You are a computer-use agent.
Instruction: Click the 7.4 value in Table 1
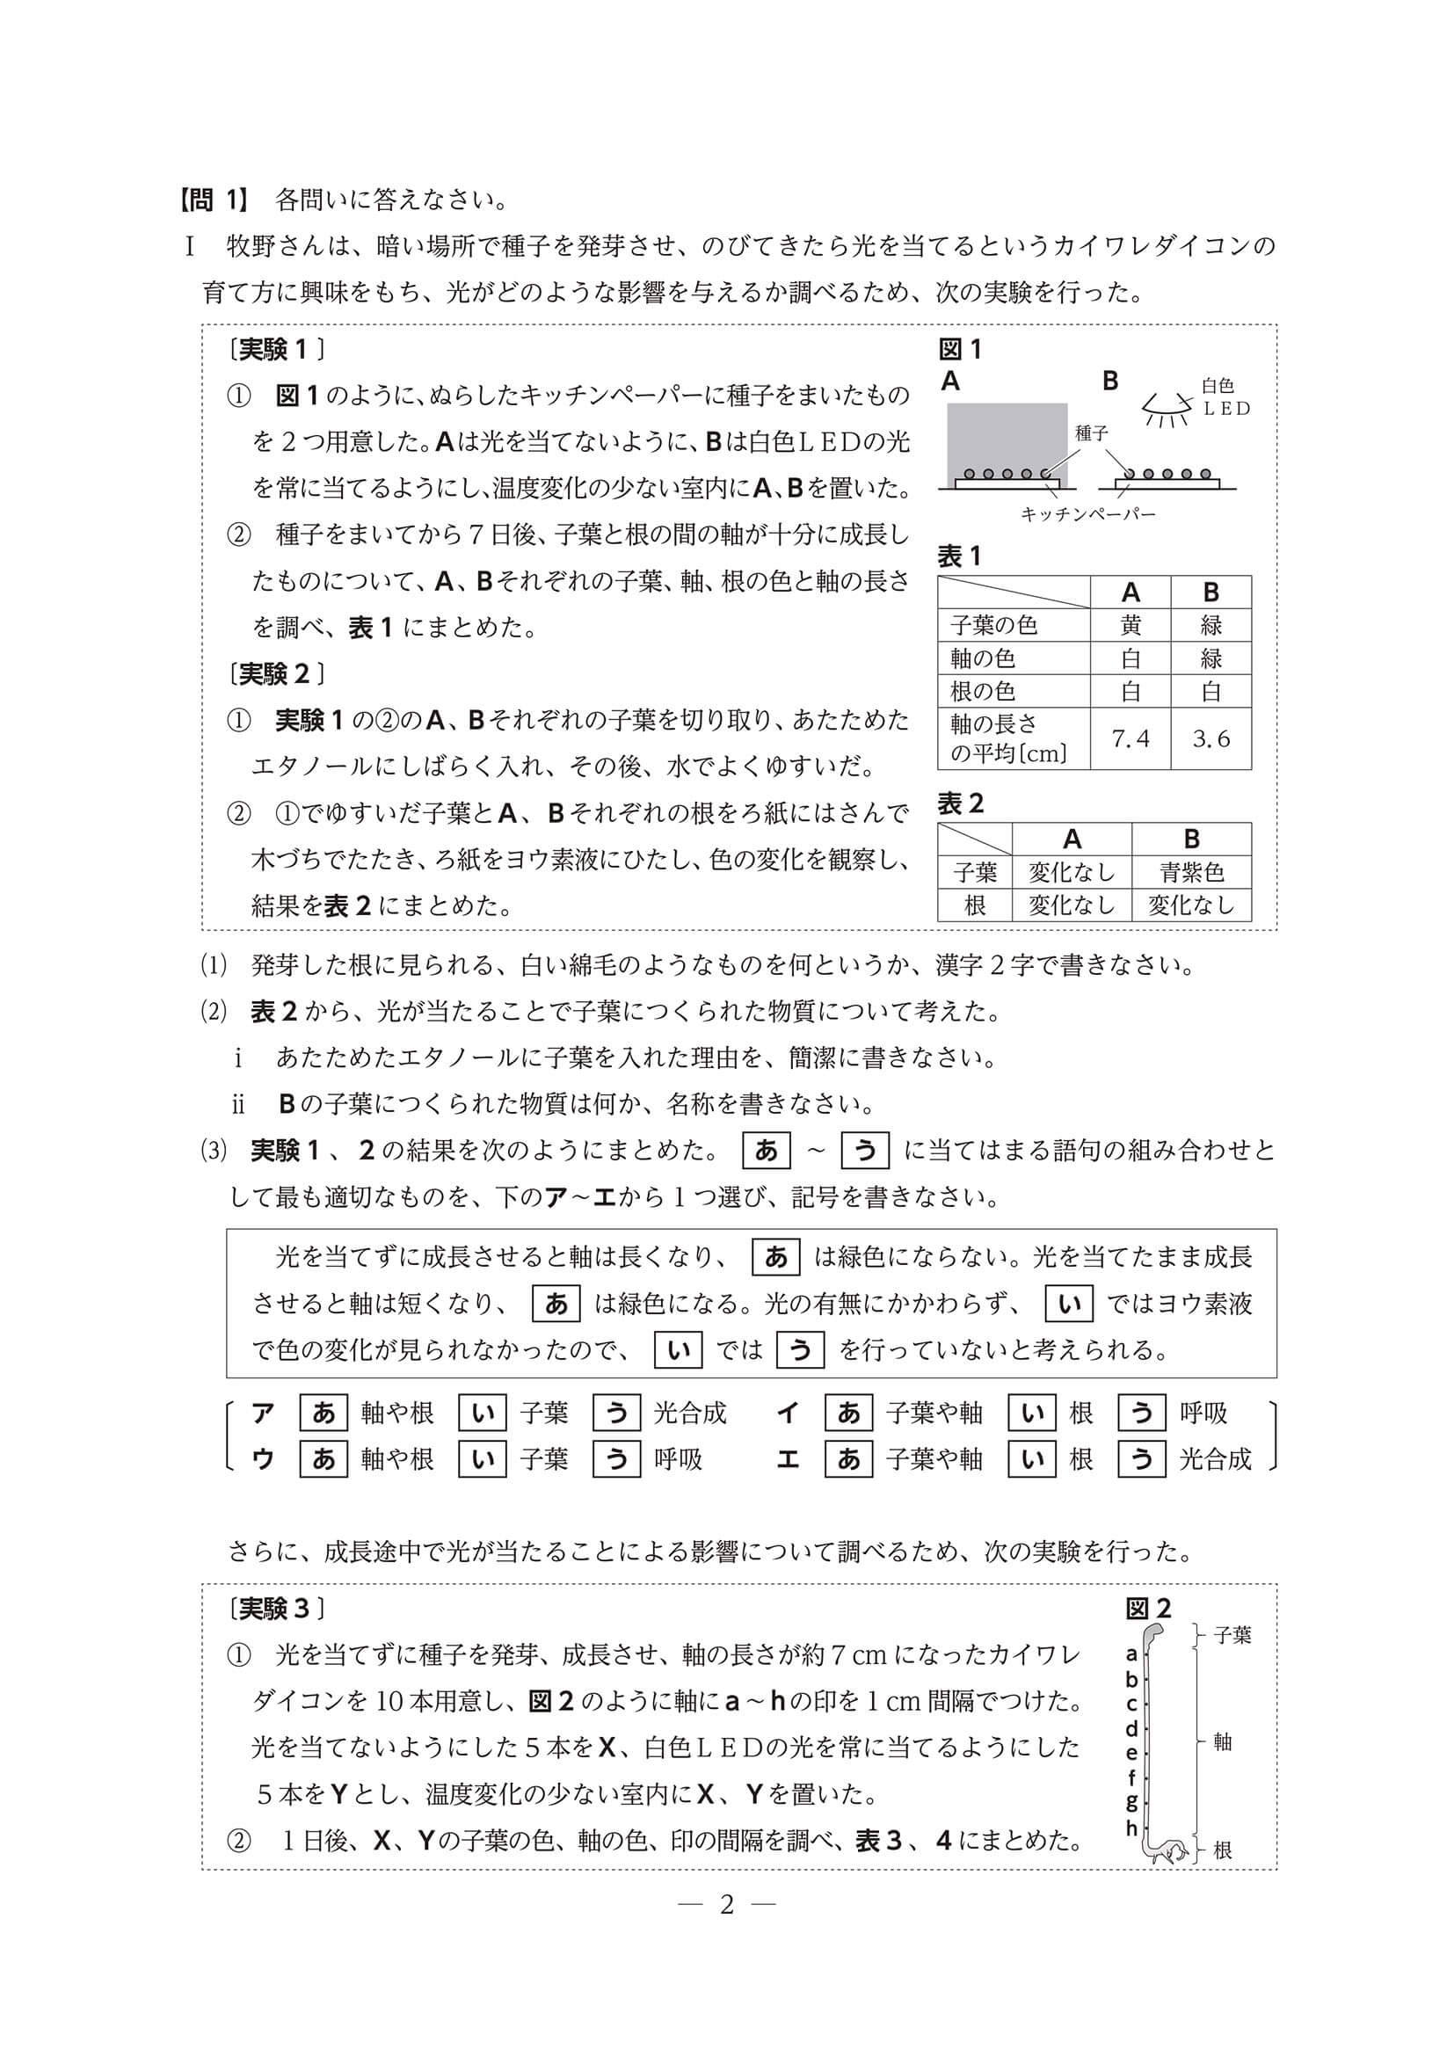pos(1130,738)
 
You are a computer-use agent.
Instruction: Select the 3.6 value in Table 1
pos(1210,738)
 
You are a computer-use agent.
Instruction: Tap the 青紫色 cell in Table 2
pos(1190,872)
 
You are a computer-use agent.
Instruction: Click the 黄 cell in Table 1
pos(1130,624)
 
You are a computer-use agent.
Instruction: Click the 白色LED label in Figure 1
pos(1224,396)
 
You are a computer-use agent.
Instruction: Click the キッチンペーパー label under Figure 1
pos(1087,514)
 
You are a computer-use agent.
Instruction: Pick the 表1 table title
pos(959,556)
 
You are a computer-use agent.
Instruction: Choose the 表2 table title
pos(960,803)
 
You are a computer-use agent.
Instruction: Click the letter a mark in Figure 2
pos(1131,1654)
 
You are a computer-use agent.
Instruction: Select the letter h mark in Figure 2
pos(1131,1827)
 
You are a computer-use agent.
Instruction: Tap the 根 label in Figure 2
pos(1222,1850)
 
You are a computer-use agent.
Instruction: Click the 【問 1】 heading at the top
pos(214,200)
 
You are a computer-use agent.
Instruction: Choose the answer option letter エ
pos(788,1459)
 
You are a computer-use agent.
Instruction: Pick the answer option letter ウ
pos(264,1459)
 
